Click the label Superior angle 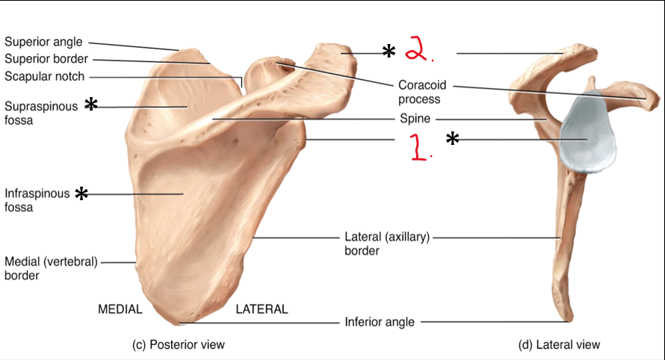[x=43, y=42]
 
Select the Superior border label [x=46, y=59]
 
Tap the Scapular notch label [x=44, y=76]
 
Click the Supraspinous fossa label [x=40, y=112]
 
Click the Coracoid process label [x=419, y=92]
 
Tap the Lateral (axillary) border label [x=387, y=243]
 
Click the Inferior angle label [x=379, y=323]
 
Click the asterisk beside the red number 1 [x=452, y=139]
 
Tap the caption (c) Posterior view [x=178, y=344]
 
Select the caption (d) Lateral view [x=559, y=344]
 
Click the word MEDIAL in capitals [x=120, y=309]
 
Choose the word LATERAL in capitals [x=262, y=309]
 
